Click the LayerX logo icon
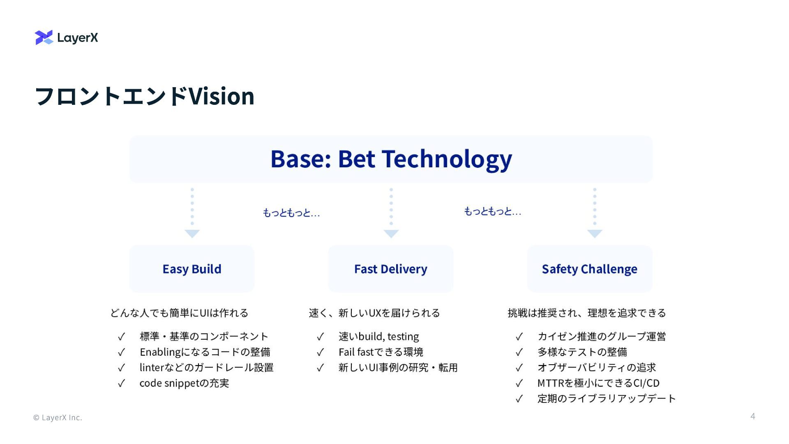point(44,37)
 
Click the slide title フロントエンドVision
point(145,96)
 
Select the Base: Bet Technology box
point(391,159)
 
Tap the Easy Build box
point(191,269)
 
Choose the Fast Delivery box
point(390,269)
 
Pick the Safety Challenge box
point(589,269)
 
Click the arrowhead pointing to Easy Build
point(192,234)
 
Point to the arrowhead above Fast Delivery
point(391,234)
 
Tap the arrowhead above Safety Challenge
point(595,234)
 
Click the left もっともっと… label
point(291,213)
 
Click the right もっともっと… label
point(492,211)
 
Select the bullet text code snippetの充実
point(184,383)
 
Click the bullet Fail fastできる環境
point(381,352)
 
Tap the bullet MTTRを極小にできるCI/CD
point(598,383)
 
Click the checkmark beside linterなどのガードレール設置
point(121,368)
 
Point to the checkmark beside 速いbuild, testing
point(320,337)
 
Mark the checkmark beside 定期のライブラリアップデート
point(519,399)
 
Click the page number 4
point(752,416)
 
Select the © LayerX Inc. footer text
point(58,418)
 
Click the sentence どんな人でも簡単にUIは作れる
point(179,313)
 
